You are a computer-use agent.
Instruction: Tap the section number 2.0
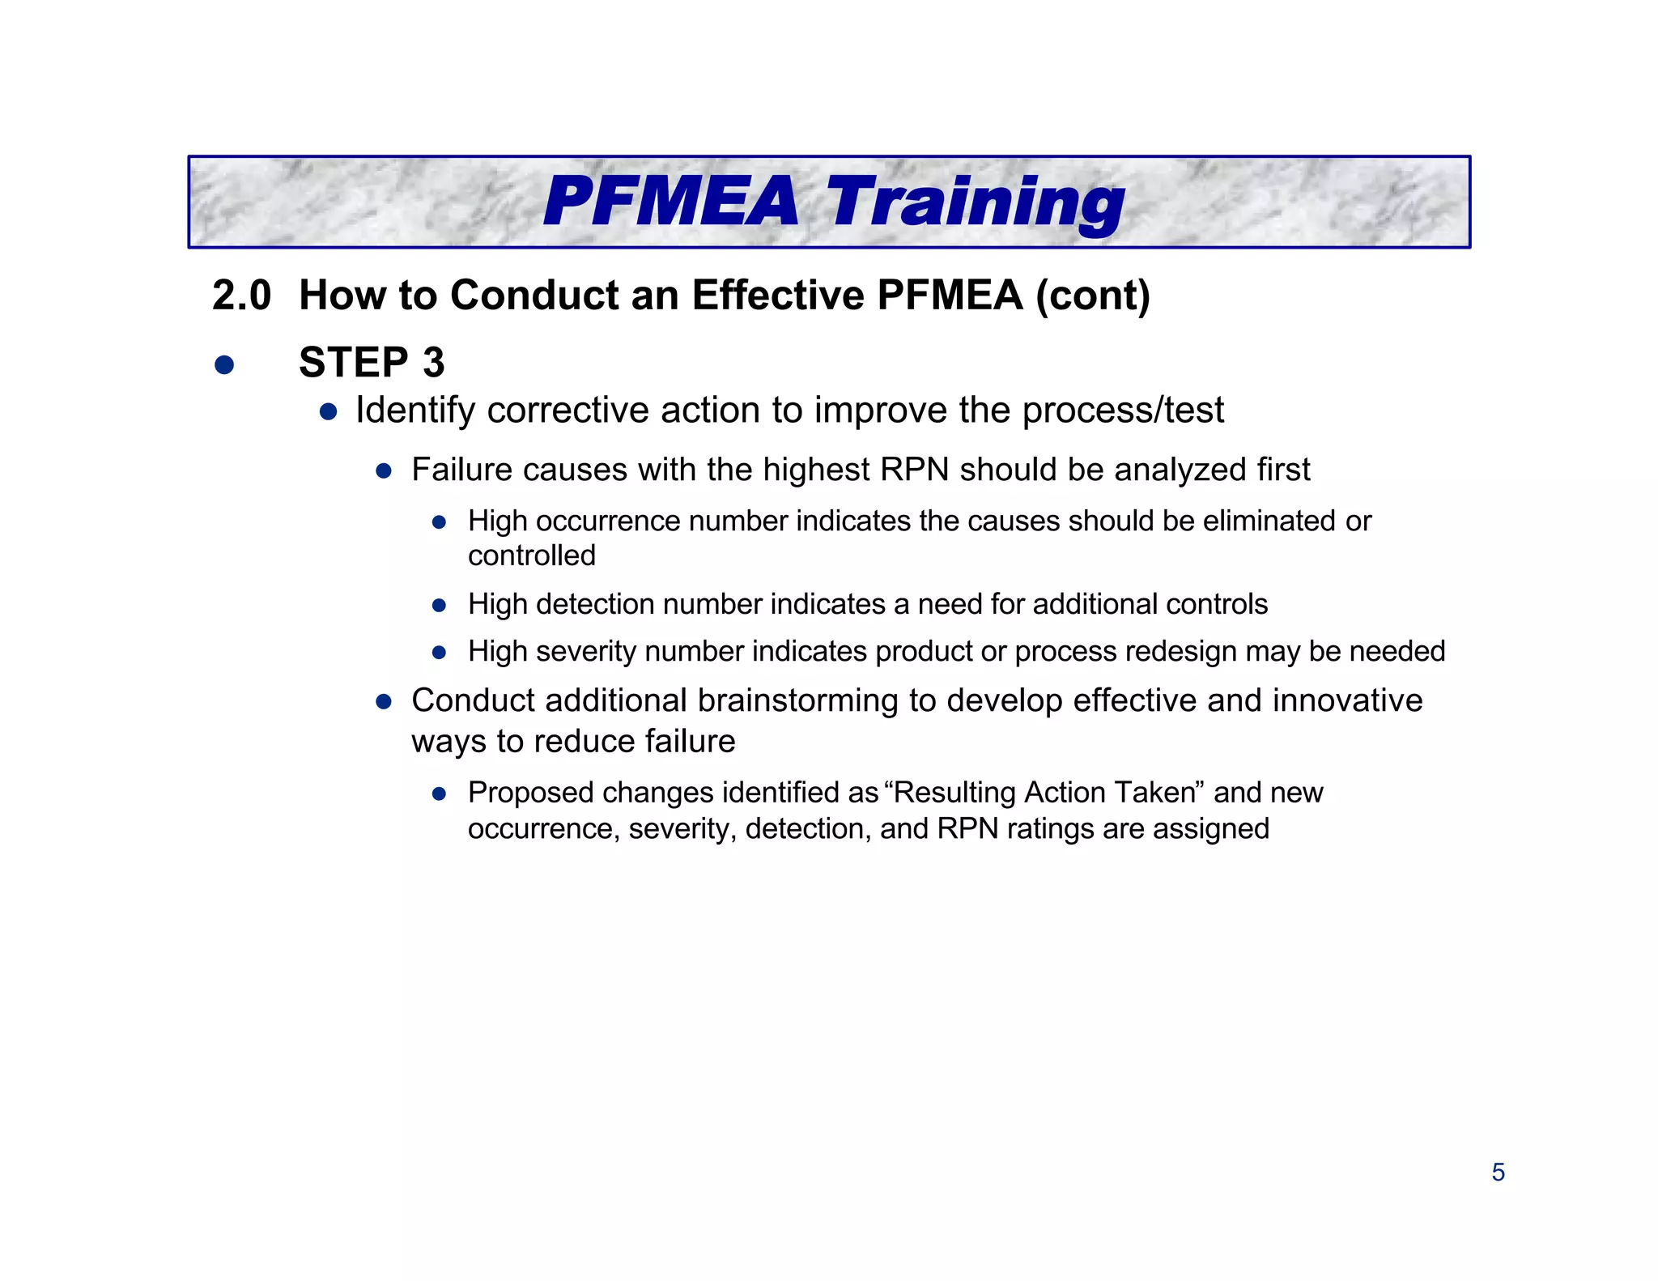coord(241,296)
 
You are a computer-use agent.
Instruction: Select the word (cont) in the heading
coord(1093,296)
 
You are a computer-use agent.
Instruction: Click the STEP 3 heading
coord(372,362)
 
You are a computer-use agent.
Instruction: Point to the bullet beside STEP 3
coord(224,364)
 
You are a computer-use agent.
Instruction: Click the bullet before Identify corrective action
coord(328,412)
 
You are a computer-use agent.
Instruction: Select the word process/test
coord(1123,411)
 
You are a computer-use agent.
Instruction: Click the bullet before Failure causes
coord(384,471)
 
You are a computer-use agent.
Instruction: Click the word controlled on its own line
coord(531,555)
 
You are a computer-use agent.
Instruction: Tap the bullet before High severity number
coord(439,653)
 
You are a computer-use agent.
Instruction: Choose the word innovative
coord(1347,700)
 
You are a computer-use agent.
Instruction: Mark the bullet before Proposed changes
coord(439,794)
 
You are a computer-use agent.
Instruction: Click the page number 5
coord(1498,1172)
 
